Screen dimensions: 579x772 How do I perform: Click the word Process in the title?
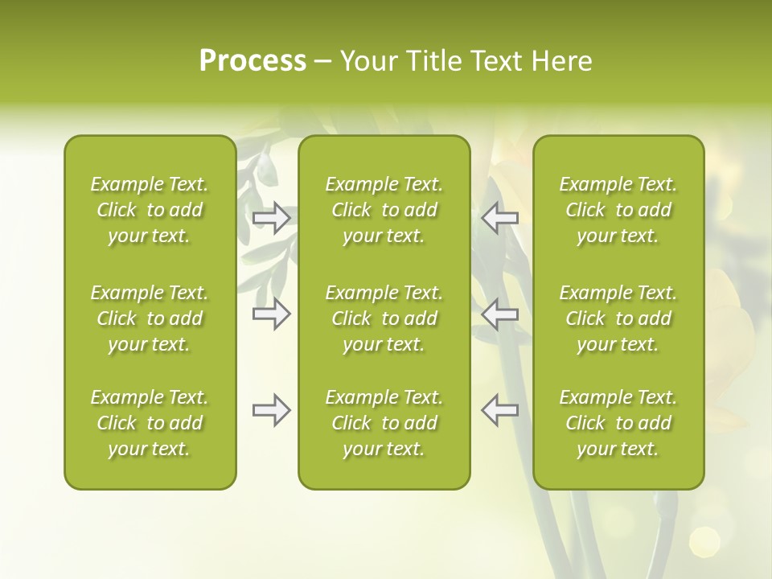(x=253, y=61)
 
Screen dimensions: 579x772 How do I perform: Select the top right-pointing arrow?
(x=272, y=218)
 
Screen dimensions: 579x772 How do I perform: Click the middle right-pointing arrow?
(x=272, y=314)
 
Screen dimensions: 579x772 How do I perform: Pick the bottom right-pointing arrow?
(x=272, y=410)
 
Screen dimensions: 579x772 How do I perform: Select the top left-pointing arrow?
(x=499, y=218)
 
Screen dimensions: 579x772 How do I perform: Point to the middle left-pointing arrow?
(x=499, y=314)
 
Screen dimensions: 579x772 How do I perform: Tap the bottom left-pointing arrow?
(x=499, y=410)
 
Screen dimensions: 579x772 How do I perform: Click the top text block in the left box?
(x=150, y=210)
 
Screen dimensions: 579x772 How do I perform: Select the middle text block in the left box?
(x=150, y=318)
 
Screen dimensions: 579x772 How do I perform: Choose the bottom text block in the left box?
(x=150, y=423)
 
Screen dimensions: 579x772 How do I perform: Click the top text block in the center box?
(x=384, y=210)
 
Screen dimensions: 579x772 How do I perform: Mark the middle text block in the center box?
(x=384, y=318)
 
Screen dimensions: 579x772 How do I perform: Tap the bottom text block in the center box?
(x=384, y=423)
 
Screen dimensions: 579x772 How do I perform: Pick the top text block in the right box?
(x=618, y=210)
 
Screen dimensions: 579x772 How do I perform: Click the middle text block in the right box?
(x=618, y=318)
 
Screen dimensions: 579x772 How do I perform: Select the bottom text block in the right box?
(x=618, y=423)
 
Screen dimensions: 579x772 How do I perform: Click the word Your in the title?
(x=369, y=61)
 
